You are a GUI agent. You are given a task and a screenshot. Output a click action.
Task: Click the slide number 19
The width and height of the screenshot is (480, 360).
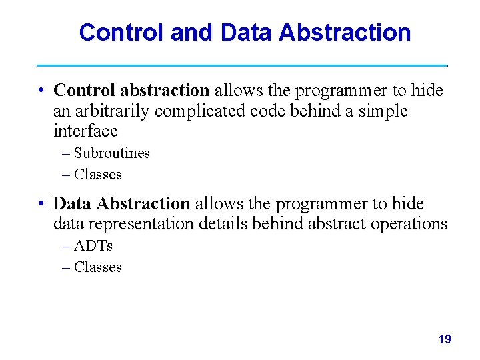[445, 340]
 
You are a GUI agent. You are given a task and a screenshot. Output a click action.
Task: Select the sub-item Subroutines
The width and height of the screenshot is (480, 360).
[111, 153]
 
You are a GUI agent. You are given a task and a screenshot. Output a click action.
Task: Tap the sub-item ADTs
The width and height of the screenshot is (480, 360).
[93, 246]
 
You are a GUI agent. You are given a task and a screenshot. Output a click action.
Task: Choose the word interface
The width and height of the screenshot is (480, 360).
[85, 131]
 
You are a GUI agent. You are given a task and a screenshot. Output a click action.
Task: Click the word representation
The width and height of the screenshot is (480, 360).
[139, 224]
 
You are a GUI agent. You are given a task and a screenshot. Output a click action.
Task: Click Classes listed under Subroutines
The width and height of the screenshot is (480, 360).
[98, 175]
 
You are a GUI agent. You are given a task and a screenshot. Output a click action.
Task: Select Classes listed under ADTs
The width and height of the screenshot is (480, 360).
[98, 267]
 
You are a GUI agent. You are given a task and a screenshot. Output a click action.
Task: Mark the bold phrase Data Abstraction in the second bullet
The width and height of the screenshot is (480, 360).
[121, 203]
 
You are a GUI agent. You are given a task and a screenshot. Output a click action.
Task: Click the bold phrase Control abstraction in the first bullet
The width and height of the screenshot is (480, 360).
[131, 90]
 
